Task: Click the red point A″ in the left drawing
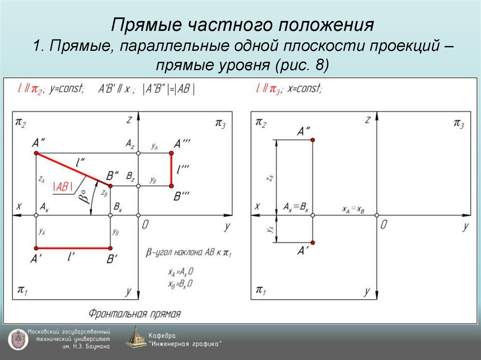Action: point(36,153)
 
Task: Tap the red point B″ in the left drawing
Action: point(110,186)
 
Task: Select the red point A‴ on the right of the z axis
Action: point(171,153)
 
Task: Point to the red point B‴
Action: point(171,186)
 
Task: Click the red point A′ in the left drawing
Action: point(36,248)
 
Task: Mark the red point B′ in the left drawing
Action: point(110,248)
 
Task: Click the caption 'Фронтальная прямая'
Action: point(134,314)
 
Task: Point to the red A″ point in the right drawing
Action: point(313,140)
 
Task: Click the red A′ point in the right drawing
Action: point(313,242)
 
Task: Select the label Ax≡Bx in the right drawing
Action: point(296,207)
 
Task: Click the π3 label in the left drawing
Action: point(220,123)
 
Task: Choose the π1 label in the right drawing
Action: point(261,290)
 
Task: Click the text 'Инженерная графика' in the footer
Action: point(186,344)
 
